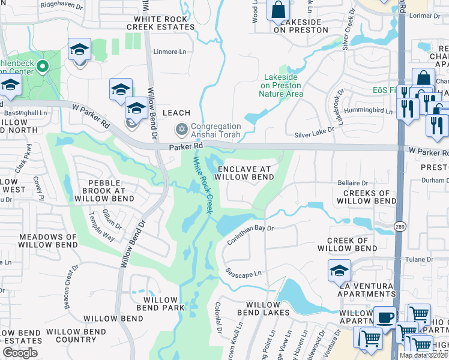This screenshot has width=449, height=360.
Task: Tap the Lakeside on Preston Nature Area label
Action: pos(283,85)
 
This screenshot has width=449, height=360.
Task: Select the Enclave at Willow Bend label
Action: pos(244,173)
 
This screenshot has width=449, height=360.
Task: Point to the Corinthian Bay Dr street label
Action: pos(250,234)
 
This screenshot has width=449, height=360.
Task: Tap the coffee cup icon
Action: pos(385,316)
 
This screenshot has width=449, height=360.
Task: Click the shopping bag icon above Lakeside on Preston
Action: pos(279,10)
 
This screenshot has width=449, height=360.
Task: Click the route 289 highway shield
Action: pos(399,226)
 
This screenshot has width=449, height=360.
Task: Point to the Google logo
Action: pos(20,353)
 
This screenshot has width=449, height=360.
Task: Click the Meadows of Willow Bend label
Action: pos(47,241)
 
